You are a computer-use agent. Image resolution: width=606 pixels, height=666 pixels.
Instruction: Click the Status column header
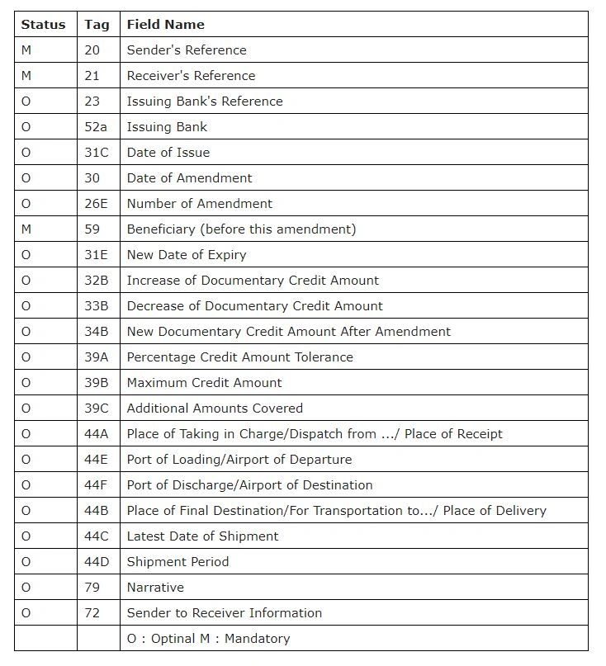tap(43, 25)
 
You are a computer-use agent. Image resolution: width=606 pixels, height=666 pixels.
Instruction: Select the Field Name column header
tap(165, 25)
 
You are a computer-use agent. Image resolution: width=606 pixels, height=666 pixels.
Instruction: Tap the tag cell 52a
tap(95, 127)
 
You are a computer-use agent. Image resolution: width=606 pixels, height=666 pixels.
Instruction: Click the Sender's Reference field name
tap(187, 50)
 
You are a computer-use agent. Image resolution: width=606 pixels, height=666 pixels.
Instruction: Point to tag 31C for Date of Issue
tap(96, 153)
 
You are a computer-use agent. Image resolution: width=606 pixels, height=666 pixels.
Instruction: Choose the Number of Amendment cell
tap(199, 204)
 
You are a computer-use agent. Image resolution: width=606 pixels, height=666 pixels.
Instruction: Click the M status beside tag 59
tap(26, 229)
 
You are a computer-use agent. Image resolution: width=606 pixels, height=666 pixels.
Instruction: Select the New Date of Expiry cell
tap(187, 255)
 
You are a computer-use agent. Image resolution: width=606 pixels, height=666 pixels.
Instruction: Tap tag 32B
tap(96, 281)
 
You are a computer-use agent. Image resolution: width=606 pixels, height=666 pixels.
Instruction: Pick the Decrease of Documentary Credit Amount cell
tap(254, 306)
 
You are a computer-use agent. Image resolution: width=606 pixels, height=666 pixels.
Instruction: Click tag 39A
tap(96, 357)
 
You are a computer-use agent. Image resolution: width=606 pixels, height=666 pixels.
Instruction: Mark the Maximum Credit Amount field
tap(204, 383)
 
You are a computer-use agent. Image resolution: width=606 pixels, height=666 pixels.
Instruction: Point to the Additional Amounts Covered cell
tap(215, 409)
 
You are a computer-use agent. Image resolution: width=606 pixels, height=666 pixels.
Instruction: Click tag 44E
tap(96, 460)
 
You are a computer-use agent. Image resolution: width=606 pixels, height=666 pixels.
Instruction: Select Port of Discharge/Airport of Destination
tap(249, 485)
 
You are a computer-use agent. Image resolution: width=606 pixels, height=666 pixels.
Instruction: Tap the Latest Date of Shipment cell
tap(202, 536)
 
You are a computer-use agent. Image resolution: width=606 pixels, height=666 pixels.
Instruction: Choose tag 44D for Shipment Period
tap(96, 562)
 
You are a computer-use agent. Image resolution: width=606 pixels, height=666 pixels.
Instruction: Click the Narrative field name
tap(155, 588)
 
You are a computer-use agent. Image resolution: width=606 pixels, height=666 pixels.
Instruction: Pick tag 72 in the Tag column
tap(92, 613)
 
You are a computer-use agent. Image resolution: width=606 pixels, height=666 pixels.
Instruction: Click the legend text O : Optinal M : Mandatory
tap(208, 639)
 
